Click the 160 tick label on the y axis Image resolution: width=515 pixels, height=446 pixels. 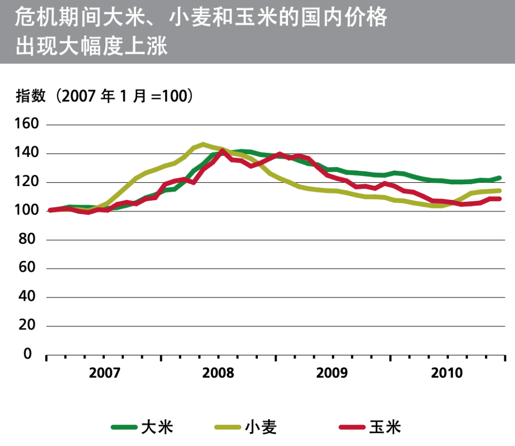coord(27,125)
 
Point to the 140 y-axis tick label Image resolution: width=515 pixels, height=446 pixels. coord(27,154)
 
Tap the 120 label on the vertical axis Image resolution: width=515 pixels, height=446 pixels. coord(27,182)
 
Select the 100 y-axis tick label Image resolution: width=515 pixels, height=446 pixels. coord(27,211)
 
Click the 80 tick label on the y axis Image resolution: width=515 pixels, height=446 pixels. coord(31,240)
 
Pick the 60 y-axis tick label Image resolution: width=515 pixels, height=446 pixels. coord(31,268)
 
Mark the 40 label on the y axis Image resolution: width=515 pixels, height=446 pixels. coord(31,297)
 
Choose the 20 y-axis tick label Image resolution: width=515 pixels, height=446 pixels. coord(31,326)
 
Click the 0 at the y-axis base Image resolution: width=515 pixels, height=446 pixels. coord(28,355)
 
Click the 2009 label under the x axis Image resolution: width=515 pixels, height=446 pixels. coord(332,373)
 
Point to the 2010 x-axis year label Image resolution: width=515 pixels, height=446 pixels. coord(447,373)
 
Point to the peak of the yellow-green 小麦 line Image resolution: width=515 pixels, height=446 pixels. coord(203,144)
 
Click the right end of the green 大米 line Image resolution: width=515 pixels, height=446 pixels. coord(499,178)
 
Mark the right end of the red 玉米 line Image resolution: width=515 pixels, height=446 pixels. coord(499,198)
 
